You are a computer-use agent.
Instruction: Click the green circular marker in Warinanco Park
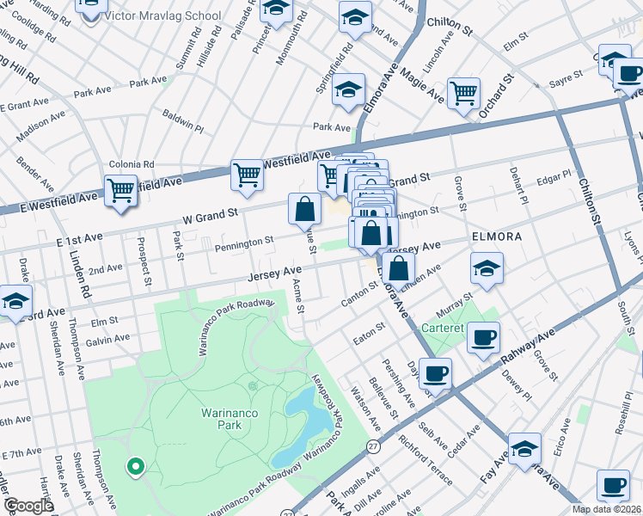pos(135,468)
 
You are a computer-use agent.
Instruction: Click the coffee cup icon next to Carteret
pos(483,336)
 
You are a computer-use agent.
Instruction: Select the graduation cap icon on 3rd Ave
pos(15,302)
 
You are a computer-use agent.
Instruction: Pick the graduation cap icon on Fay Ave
pos(524,449)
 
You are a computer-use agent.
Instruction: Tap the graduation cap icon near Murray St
pos(487,268)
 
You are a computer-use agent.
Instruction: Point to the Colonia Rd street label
pos(131,164)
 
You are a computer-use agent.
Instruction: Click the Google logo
pos(28,506)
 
